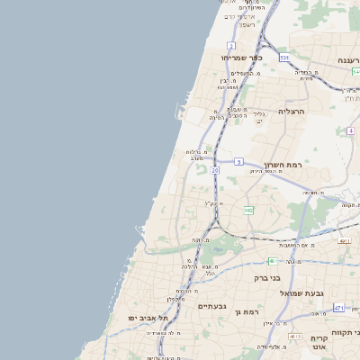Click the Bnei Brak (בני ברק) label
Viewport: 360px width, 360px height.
coord(283,278)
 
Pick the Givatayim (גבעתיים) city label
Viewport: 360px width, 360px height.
coord(212,307)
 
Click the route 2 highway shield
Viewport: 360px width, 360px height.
coord(231,45)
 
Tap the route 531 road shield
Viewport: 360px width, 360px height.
coord(284,58)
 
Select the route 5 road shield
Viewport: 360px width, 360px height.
coord(238,161)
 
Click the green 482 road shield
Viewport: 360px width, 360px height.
coord(248,211)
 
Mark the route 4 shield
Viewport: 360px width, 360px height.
coord(350,130)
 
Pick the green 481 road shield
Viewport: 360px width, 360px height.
coord(345,241)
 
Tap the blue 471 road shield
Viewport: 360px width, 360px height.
coord(338,308)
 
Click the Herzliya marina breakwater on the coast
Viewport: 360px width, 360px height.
coord(176,112)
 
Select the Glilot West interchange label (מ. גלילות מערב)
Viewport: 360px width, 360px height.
coord(199,155)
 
